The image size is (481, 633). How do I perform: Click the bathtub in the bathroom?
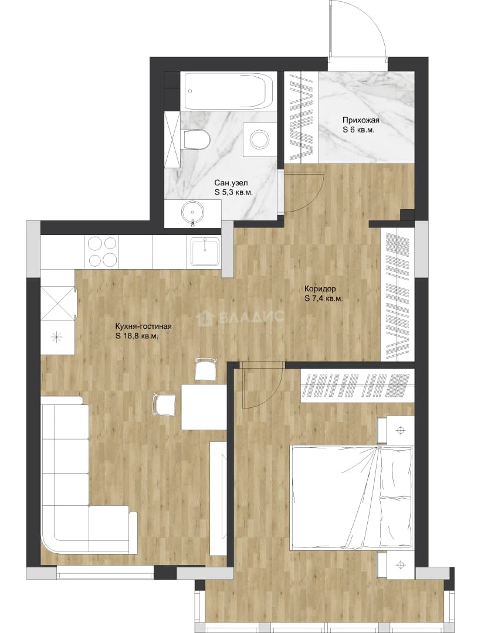click(229, 91)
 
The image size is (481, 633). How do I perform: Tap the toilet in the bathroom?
click(196, 139)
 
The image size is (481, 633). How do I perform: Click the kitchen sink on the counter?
click(205, 251)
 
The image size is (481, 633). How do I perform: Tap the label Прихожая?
click(361, 120)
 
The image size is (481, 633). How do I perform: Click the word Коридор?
click(320, 289)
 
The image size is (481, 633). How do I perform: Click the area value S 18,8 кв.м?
click(137, 336)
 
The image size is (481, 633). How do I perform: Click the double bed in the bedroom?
click(351, 498)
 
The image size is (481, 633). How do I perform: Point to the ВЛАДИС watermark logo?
click(241, 318)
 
